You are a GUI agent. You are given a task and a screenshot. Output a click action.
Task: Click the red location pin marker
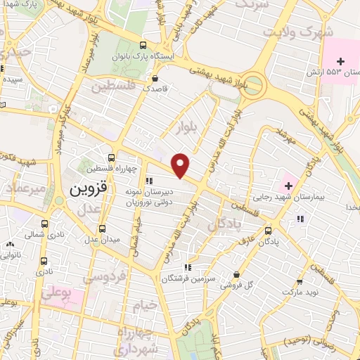181,165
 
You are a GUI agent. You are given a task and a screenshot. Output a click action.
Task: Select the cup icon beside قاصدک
155,78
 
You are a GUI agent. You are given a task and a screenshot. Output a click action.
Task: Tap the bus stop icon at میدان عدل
103,228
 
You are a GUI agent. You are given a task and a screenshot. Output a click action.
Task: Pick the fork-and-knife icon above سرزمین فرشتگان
187,267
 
